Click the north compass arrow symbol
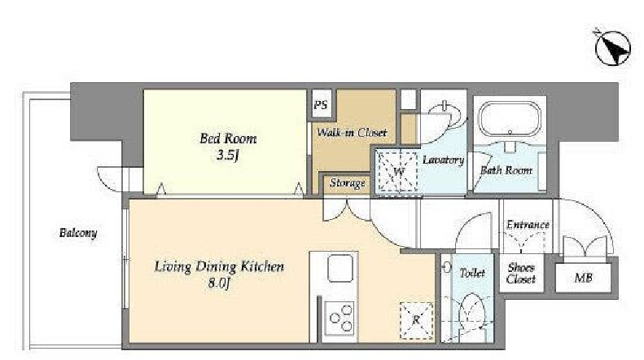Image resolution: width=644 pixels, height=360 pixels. pos(612,47)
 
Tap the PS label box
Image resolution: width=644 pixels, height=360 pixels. pos(322,104)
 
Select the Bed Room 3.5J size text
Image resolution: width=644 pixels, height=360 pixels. pos(228,156)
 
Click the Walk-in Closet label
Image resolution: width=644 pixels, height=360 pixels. pos(352,132)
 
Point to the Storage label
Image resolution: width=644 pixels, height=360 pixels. pos(348,183)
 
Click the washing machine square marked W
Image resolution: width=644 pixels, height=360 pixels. pos(397,171)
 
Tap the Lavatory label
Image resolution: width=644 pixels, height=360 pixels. pos(443,160)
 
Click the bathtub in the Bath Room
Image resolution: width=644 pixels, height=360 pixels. pos(510,119)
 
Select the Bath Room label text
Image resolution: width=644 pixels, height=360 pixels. pos(506,169)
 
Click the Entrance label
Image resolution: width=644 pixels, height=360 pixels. pos(528,224)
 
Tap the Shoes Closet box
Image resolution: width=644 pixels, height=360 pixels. pos(521,274)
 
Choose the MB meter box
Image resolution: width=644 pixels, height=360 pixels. pos(583,278)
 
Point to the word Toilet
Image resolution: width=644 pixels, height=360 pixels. pos(472,273)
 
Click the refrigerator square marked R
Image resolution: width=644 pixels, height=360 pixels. pos(417,321)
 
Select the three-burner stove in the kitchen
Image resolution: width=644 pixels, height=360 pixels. pos(341,318)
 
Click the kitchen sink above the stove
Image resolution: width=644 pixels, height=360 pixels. pos(340,268)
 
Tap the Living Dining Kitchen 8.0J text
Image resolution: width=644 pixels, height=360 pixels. pos(219,274)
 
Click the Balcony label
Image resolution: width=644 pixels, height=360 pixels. pos(78,233)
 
